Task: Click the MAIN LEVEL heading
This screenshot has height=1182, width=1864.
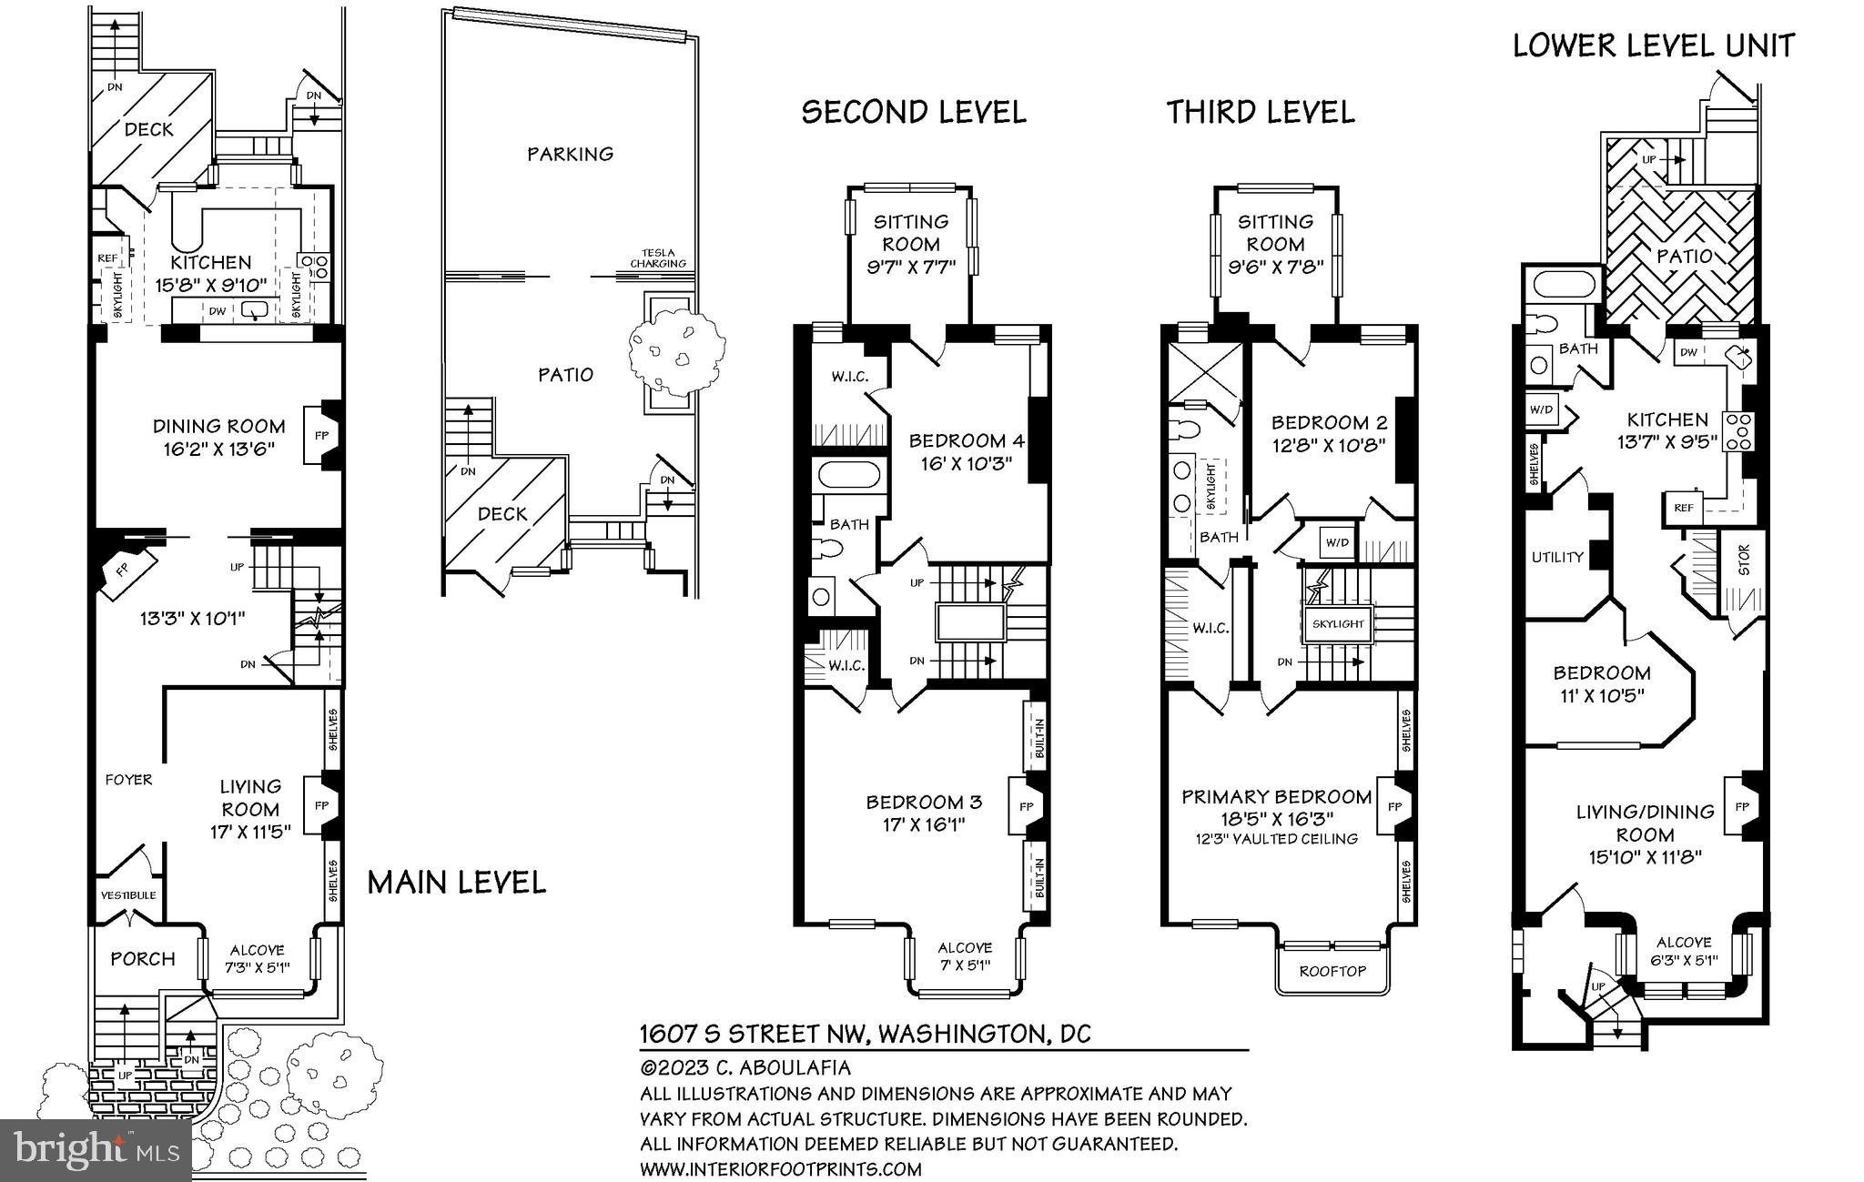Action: pos(457,882)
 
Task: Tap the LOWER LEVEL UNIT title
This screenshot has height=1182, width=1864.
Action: pos(1654,45)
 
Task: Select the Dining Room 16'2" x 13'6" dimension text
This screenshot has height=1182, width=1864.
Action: pos(218,449)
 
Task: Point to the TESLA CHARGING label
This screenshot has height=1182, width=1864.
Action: pos(659,258)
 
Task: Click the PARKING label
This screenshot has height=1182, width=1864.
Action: pos(570,154)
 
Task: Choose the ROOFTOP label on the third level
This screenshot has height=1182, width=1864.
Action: pos(1332,971)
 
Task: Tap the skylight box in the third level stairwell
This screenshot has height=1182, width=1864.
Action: pos(1338,624)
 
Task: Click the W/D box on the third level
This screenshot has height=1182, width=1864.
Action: pos(1337,543)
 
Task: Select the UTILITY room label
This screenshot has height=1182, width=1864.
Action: pos(1557,557)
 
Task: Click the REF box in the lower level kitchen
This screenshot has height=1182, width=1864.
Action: pos(1683,508)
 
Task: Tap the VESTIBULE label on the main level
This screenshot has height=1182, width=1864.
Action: pos(128,895)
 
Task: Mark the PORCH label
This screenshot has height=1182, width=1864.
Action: pos(143,959)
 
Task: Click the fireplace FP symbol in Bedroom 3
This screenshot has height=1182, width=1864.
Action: pos(1026,806)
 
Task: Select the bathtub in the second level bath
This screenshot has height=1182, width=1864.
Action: pos(849,476)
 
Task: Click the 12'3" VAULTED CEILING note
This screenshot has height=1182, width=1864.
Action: pos(1277,839)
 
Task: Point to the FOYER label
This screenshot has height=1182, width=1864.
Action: pos(128,780)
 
